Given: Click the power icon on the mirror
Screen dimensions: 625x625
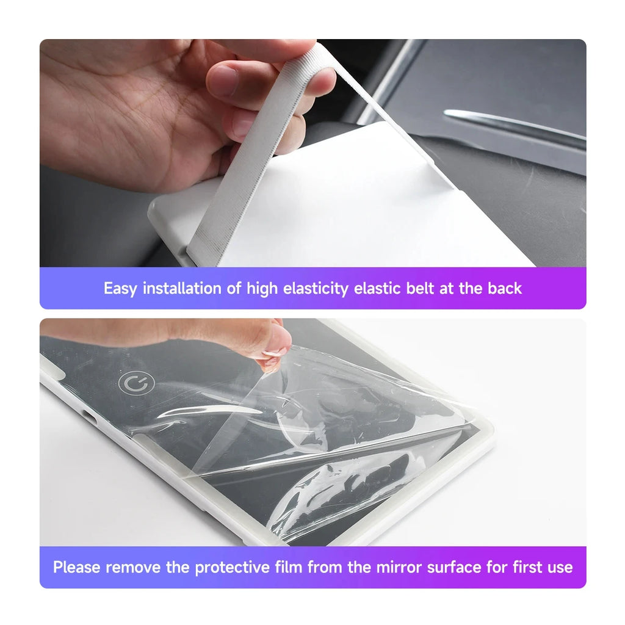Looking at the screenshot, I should coord(137,383).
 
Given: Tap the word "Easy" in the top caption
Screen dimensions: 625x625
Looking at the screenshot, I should coord(120,289).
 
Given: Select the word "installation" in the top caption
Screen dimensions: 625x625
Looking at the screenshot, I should coord(182,289).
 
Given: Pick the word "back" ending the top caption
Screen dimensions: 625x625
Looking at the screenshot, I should coord(504,289).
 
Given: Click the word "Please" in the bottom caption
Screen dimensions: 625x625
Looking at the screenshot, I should coord(77,568).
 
